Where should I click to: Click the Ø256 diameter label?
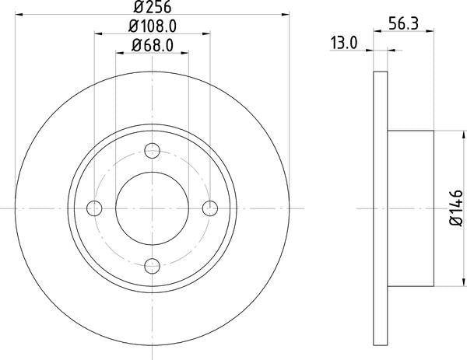[x=153, y=8]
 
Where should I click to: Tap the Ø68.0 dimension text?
[x=153, y=44]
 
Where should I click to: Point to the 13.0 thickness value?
[x=343, y=44]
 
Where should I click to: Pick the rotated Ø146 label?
[x=456, y=208]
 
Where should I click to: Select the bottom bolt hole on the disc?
[x=153, y=264]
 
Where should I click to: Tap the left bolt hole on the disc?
[x=96, y=208]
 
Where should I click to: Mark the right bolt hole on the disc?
[x=209, y=208]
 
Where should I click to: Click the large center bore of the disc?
[x=153, y=208]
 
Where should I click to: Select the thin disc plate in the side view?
[x=381, y=208]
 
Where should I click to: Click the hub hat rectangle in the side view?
[x=410, y=208]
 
